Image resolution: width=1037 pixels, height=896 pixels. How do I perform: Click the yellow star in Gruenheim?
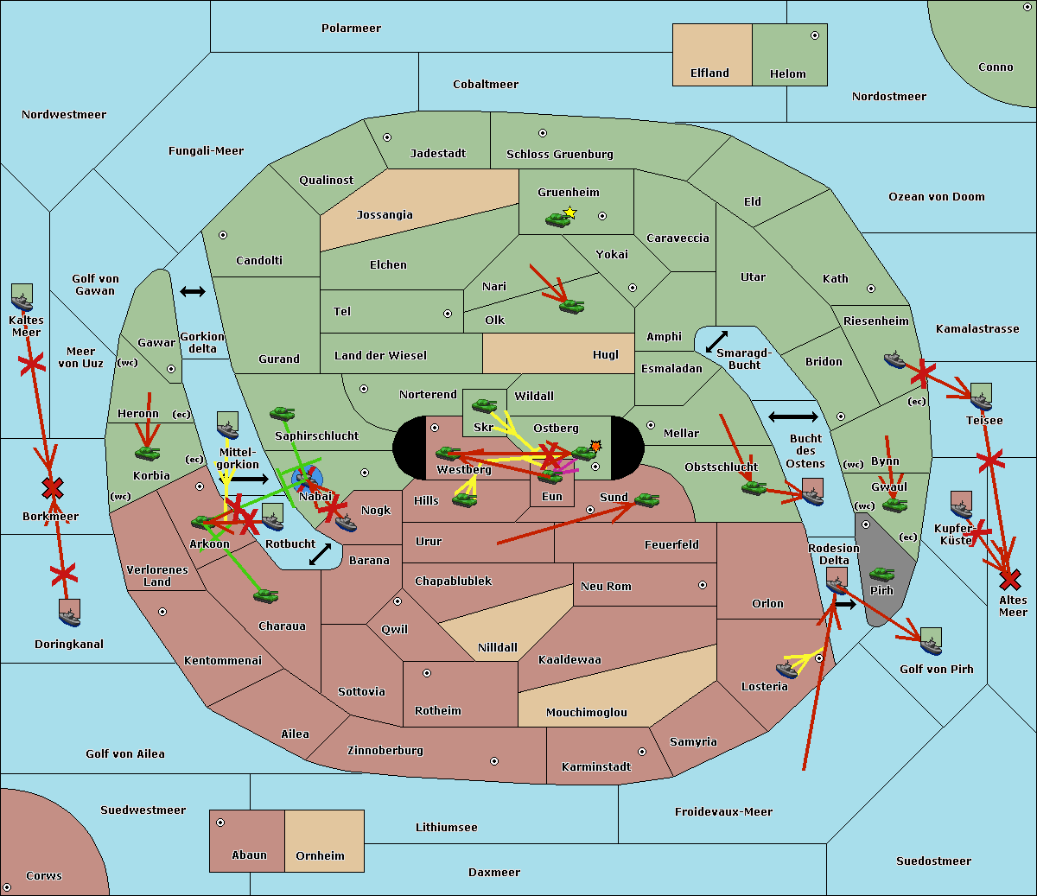(569, 212)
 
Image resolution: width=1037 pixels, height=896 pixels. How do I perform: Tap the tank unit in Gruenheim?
(557, 220)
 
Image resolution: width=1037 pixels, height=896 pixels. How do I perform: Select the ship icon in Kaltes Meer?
(22, 298)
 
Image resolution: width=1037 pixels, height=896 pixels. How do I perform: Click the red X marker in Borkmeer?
(53, 489)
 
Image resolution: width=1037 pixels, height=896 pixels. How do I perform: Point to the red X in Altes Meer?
(1009, 579)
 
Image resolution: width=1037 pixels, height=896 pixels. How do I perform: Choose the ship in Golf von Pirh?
(931, 641)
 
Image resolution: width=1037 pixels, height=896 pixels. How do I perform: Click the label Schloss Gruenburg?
(559, 155)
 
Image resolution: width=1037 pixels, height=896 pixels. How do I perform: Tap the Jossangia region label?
(385, 215)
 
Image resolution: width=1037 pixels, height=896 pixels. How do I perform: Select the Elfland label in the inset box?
(709, 73)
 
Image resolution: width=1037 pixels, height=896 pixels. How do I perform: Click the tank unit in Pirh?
(881, 575)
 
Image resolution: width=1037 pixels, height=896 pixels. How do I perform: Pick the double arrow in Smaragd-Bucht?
(716, 341)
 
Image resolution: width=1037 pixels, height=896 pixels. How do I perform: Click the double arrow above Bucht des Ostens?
(792, 417)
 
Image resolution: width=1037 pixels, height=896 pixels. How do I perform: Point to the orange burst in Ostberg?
(595, 446)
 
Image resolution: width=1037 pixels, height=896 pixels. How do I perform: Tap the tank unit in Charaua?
(265, 595)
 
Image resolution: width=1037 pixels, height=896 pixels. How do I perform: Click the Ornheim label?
(320, 856)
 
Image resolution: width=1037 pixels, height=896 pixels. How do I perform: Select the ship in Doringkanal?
(69, 613)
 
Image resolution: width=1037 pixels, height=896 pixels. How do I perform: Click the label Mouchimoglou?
(586, 713)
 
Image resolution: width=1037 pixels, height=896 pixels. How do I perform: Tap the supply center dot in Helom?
(814, 35)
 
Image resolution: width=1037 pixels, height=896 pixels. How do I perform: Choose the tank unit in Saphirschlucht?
(282, 414)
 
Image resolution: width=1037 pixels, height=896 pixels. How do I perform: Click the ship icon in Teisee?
(981, 397)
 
